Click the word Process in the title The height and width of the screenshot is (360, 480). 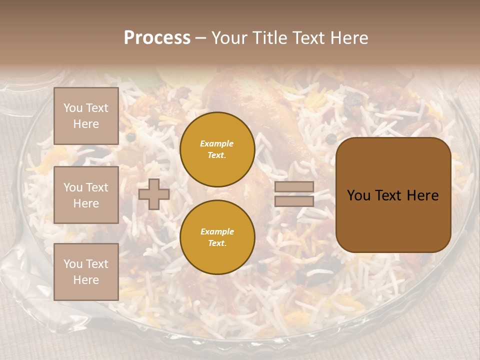coord(157,38)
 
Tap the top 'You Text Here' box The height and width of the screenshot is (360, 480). coord(86,116)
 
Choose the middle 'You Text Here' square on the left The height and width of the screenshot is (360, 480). coord(86,195)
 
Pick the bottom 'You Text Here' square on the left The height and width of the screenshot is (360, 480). coord(86,272)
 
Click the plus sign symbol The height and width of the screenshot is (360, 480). coord(154,194)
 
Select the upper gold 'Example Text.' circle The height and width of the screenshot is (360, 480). coord(217,149)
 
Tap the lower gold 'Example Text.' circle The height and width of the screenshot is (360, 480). coord(217,237)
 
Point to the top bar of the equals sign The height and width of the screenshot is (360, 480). coord(294,187)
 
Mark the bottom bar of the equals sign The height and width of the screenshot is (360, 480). coord(294,201)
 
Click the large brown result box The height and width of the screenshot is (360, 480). coord(393,195)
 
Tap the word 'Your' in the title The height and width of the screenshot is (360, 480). coord(228,38)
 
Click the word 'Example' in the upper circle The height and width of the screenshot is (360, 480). coord(217,144)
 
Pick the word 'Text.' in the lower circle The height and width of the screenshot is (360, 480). coord(217,243)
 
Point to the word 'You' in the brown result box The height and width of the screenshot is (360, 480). coord(358,195)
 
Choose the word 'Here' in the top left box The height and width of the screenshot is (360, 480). coord(86,124)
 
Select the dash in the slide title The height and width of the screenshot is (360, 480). coord(200,38)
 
